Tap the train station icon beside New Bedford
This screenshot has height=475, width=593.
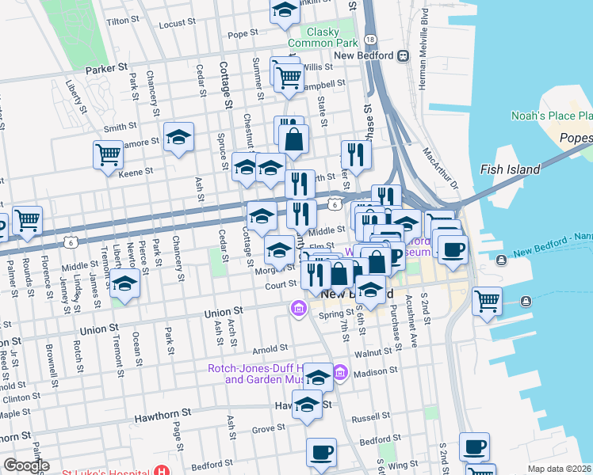tap(404, 55)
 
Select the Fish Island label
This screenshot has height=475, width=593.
tap(510, 169)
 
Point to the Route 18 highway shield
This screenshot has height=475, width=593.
tap(370, 40)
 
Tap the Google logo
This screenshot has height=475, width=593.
tap(26, 465)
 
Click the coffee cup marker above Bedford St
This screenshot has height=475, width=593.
tap(321, 452)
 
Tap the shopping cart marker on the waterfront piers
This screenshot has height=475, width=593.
tap(486, 300)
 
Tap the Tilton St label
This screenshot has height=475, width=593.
tap(122, 20)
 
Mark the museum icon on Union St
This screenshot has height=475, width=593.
tap(298, 307)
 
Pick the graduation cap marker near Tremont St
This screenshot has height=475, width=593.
tap(125, 283)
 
